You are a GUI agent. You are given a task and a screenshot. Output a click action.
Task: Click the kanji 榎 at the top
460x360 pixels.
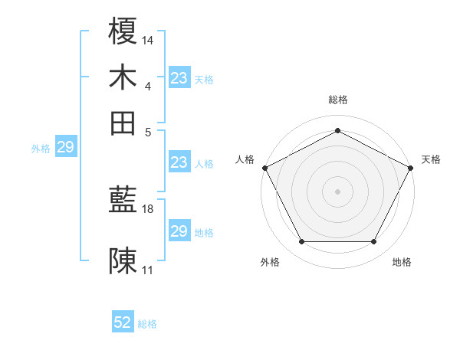(x=123, y=34)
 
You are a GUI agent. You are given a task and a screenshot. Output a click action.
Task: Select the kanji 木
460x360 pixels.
(x=123, y=78)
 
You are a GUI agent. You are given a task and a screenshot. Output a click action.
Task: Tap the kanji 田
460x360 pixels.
(x=123, y=123)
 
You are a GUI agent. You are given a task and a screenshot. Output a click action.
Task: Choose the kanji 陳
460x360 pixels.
(x=123, y=261)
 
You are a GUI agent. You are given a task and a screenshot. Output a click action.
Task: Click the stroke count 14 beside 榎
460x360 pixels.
(x=148, y=39)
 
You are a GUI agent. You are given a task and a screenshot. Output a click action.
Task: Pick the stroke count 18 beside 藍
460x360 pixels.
(x=148, y=208)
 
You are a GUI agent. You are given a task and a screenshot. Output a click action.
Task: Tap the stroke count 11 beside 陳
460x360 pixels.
(x=148, y=270)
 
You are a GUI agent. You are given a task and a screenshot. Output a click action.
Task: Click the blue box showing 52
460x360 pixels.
(x=123, y=323)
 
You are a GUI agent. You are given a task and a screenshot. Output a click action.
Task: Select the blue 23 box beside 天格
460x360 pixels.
(x=179, y=78)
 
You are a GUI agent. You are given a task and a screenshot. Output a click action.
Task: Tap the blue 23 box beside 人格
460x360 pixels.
(x=179, y=162)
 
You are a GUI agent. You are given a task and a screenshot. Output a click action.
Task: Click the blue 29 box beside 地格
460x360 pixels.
(x=179, y=231)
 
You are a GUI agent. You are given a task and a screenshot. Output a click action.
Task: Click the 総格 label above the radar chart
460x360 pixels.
(x=337, y=100)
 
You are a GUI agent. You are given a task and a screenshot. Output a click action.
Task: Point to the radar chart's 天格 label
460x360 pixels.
(x=431, y=159)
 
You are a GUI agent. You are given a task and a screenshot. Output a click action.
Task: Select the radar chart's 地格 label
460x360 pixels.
(x=402, y=263)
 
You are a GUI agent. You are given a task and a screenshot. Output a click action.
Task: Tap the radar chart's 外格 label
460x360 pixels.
(x=270, y=263)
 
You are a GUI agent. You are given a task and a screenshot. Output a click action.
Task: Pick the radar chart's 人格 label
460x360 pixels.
(x=245, y=159)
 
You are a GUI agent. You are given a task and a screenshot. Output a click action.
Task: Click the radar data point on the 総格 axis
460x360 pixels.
(x=337, y=130)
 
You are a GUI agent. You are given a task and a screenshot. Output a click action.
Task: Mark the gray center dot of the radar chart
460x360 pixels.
(x=337, y=191)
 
